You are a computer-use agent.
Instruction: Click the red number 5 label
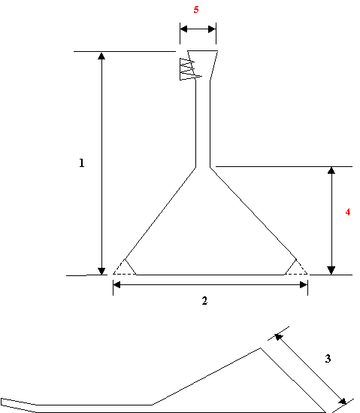coord(196,10)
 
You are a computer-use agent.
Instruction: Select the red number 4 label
coord(348,212)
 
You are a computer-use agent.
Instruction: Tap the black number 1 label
coord(82,163)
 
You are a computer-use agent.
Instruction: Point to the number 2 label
coord(204,300)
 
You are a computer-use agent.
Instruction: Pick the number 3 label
coord(328,359)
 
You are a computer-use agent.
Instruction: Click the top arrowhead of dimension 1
coord(101,56)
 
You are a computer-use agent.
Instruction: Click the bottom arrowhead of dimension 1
coord(101,272)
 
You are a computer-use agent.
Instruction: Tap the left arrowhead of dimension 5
coord(183,29)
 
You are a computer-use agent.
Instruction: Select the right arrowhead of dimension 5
coord(212,29)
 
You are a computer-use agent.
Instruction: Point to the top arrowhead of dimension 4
coord(331,170)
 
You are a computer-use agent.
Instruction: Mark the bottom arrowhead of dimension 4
coord(331,271)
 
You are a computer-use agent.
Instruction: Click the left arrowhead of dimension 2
coord(116,284)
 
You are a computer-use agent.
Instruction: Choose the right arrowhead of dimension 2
coord(304,284)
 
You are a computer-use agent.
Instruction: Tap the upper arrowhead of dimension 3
coord(278,337)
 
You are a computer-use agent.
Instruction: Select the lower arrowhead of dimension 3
coord(343,401)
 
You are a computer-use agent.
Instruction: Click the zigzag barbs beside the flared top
coord(190,69)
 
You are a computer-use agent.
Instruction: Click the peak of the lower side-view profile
coord(261,348)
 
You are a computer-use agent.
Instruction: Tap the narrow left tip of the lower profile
coord(2,402)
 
